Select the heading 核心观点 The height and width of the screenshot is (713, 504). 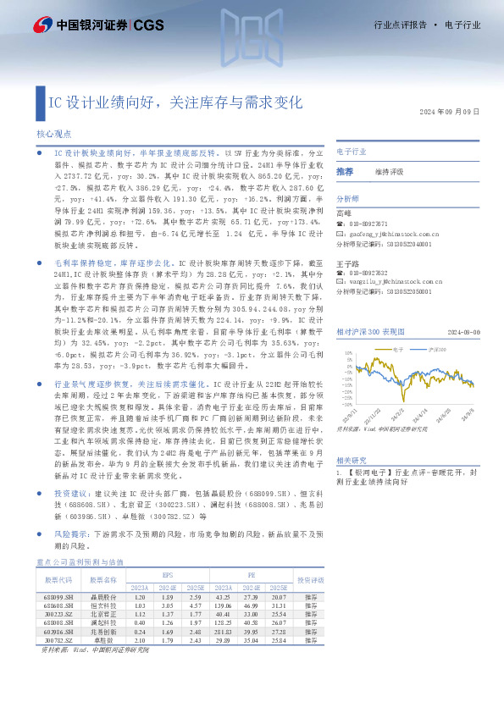tap(53, 134)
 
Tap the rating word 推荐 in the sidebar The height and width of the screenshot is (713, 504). tap(345, 171)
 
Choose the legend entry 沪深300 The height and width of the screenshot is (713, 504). tap(437, 348)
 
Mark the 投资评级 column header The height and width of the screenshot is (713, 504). tap(311, 579)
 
